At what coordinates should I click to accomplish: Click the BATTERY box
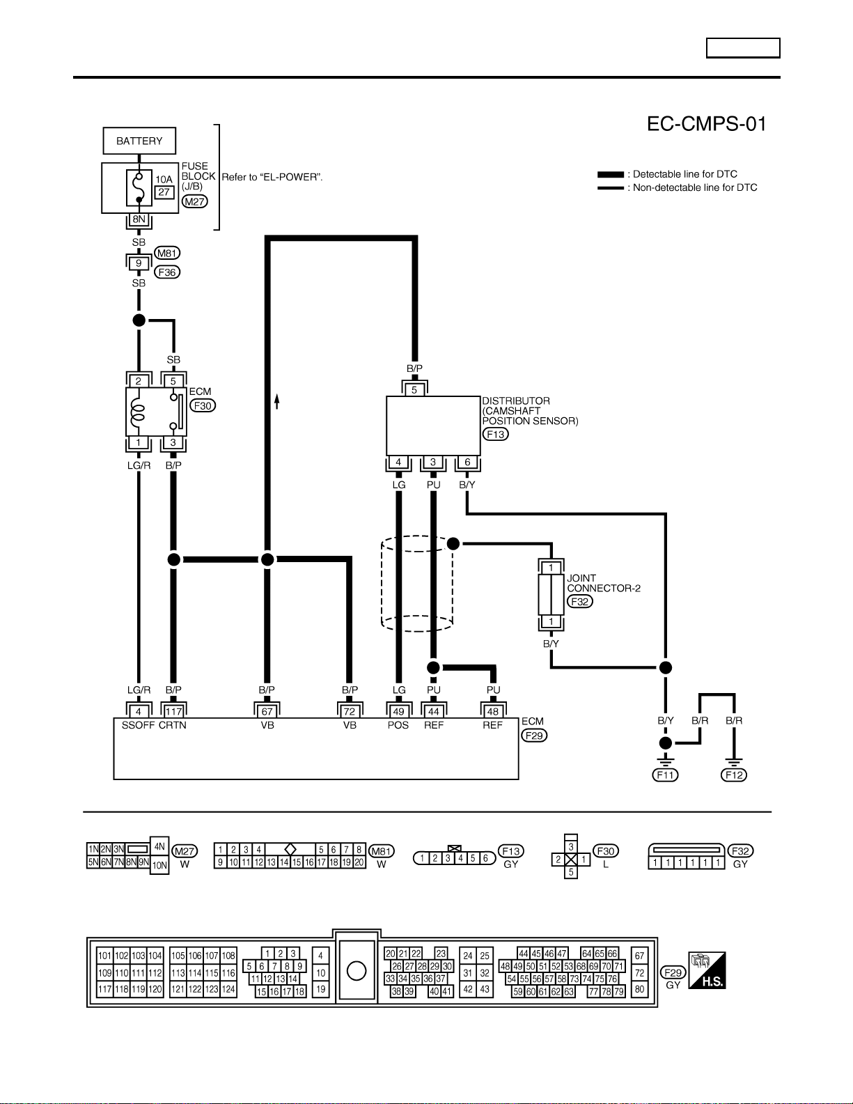pyautogui.click(x=139, y=141)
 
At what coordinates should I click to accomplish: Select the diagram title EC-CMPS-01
pyautogui.click(x=706, y=124)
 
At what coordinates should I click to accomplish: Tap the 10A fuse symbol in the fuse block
pyautogui.click(x=139, y=187)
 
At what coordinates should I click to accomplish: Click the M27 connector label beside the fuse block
pyautogui.click(x=194, y=202)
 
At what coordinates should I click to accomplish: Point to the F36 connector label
pyautogui.click(x=167, y=272)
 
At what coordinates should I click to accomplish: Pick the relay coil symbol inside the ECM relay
pyautogui.click(x=138, y=412)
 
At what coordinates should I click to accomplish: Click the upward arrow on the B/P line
pyautogui.click(x=276, y=401)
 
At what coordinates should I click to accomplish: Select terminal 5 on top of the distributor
pyautogui.click(x=414, y=390)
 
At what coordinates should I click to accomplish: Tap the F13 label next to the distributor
pyautogui.click(x=496, y=435)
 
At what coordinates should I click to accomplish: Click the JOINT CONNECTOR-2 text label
pyautogui.click(x=603, y=583)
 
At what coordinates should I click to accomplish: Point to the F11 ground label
pyautogui.click(x=665, y=775)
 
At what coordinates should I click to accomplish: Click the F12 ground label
pyautogui.click(x=734, y=775)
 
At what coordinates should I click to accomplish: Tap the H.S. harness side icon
pyautogui.click(x=707, y=970)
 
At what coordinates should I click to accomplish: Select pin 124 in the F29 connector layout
pyautogui.click(x=228, y=989)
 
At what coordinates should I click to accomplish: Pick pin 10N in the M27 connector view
pyautogui.click(x=159, y=865)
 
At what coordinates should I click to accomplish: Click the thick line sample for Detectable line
pyautogui.click(x=610, y=175)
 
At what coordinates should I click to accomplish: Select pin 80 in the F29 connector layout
pyautogui.click(x=639, y=989)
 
